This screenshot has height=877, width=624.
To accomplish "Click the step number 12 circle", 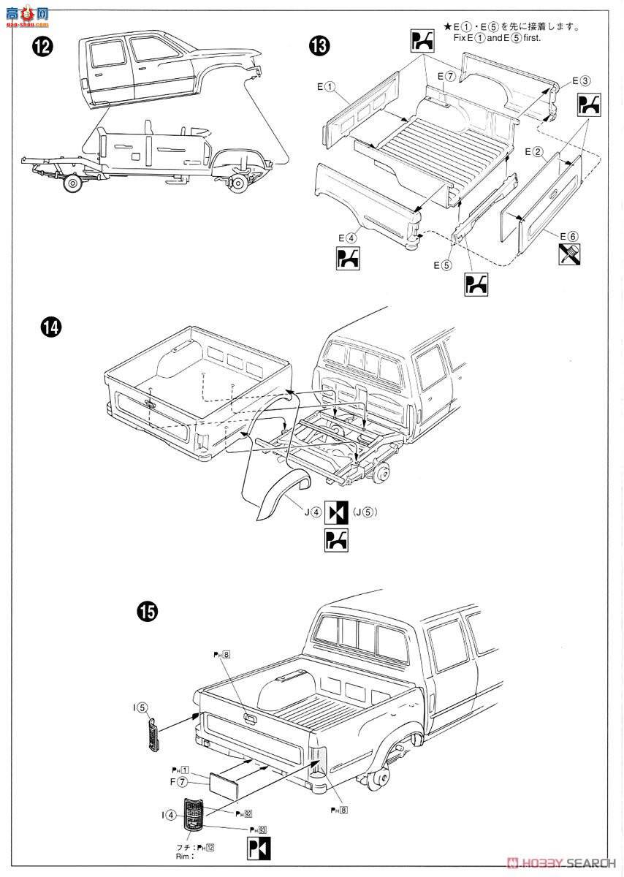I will tap(42, 48).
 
